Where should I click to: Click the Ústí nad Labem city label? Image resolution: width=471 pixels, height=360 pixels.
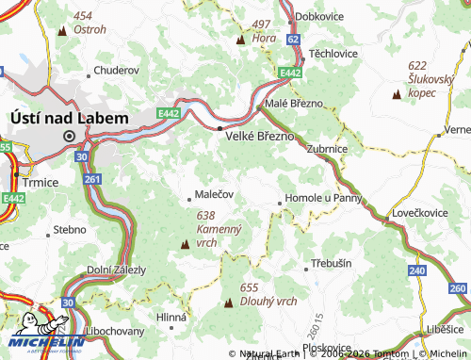click(x=68, y=117)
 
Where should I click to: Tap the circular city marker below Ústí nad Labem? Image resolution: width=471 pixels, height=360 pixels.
click(x=68, y=136)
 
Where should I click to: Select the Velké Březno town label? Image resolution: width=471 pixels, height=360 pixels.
click(x=261, y=136)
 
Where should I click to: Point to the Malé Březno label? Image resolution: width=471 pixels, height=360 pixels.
click(x=294, y=103)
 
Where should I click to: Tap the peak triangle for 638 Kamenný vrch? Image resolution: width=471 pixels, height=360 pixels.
click(x=185, y=245)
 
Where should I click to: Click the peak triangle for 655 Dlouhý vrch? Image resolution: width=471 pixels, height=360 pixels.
click(x=229, y=303)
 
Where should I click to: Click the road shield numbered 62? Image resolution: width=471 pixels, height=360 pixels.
click(x=294, y=40)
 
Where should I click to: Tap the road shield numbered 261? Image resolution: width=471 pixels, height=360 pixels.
click(x=91, y=179)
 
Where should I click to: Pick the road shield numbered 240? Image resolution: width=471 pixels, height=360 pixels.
click(x=417, y=270)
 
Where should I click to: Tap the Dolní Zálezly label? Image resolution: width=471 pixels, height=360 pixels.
click(x=116, y=270)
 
